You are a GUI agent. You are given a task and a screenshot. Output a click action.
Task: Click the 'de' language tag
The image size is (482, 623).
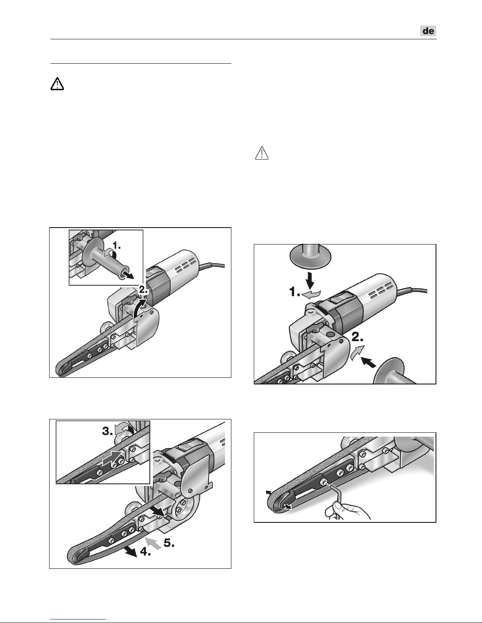(428, 31)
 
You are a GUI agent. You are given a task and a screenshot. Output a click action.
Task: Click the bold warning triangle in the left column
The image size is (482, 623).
(57, 84)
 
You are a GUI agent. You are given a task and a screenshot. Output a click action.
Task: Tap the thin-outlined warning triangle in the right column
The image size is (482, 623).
(262, 153)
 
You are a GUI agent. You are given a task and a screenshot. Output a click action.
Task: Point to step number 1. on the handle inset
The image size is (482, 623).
(116, 245)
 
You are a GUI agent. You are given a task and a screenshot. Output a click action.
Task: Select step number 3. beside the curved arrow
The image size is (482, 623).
(107, 431)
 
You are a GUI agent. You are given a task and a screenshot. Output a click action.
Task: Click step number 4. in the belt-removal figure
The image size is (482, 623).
(146, 551)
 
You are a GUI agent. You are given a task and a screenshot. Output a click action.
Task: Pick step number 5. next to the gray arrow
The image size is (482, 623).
(169, 543)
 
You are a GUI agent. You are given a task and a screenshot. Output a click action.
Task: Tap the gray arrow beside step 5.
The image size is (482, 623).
(153, 544)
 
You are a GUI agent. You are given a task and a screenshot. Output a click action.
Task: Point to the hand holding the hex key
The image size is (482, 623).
(347, 511)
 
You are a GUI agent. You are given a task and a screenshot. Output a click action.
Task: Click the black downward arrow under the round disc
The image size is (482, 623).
(311, 280)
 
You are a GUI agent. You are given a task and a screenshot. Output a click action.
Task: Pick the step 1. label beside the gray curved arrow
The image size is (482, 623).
(295, 292)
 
